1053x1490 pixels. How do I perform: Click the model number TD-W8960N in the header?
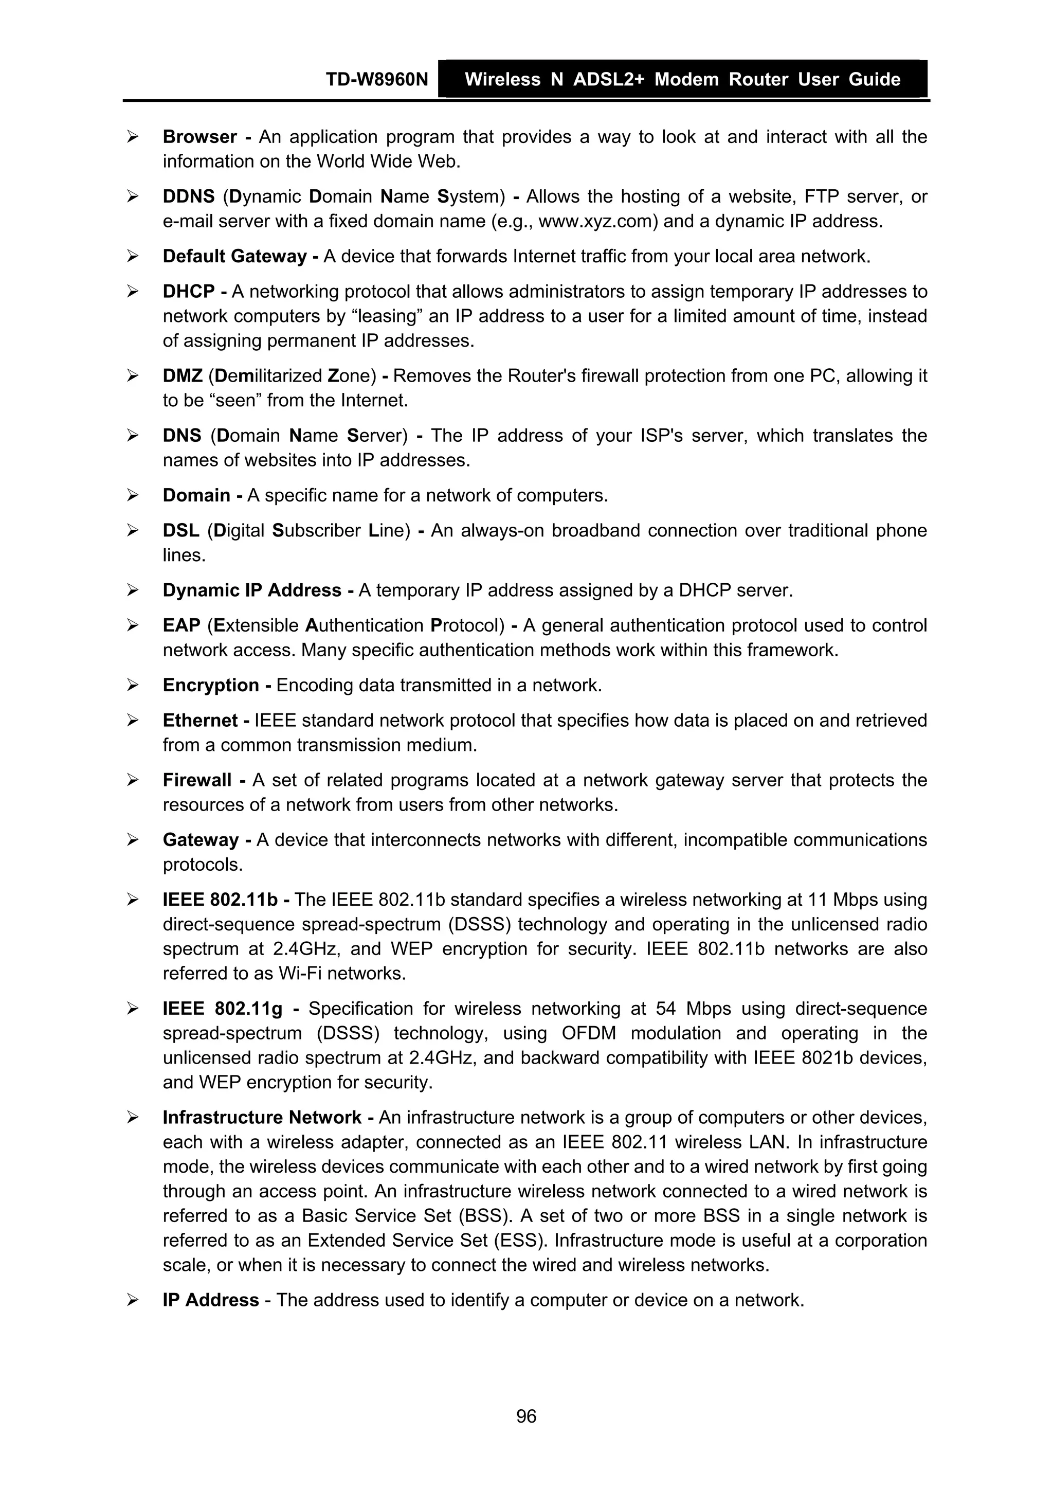pos(376,79)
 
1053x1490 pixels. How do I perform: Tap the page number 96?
pos(526,1416)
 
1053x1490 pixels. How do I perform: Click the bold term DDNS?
pos(188,196)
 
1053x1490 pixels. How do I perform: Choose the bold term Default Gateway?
pos(234,256)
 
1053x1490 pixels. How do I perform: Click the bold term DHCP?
pos(188,292)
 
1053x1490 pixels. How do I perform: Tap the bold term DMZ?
pos(183,376)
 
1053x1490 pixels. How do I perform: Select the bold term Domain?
pos(196,495)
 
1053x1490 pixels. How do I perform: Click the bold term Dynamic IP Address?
pos(252,590)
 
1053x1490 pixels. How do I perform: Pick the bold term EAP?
pos(181,625)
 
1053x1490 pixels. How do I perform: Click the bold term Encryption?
pos(211,685)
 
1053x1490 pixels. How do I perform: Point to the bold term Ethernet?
pos(200,721)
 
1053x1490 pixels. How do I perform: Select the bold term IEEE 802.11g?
pos(223,1009)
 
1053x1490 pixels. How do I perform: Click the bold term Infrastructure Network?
pos(262,1118)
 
